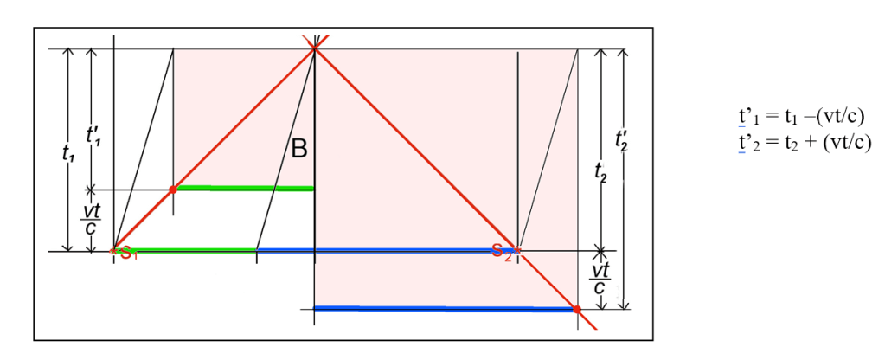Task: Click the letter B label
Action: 299,149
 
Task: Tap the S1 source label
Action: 127,254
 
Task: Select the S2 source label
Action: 499,251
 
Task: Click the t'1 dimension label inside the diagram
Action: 93,136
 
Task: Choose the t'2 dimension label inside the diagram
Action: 623,138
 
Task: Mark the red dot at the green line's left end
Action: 173,190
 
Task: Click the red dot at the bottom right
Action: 577,309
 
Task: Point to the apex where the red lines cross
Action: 314,49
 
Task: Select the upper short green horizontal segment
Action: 245,188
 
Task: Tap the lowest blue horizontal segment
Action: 445,309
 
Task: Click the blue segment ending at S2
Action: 386,251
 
